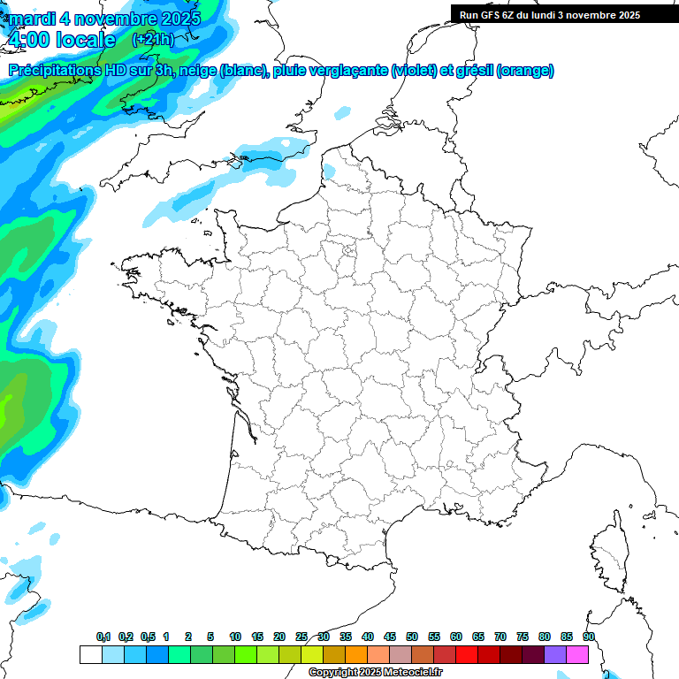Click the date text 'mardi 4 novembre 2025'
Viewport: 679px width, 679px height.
coord(104,18)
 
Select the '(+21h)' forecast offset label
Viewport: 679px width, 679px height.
coord(153,40)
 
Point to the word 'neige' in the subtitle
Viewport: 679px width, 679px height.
coord(197,71)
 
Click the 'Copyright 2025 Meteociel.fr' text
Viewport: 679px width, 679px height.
coord(375,673)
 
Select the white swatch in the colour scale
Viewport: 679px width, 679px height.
coord(90,654)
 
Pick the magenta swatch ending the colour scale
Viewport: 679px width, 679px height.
coord(577,654)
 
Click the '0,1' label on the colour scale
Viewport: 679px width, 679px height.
coord(103,637)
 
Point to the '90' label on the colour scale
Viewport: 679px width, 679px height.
coord(589,637)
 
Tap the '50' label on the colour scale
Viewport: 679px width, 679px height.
coord(412,637)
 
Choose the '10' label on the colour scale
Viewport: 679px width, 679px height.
coord(235,637)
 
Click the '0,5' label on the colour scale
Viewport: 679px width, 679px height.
coord(148,637)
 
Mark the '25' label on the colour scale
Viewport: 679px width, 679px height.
coord(301,637)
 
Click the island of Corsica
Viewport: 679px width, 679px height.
coord(609,553)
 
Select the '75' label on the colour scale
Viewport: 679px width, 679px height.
coord(523,637)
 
